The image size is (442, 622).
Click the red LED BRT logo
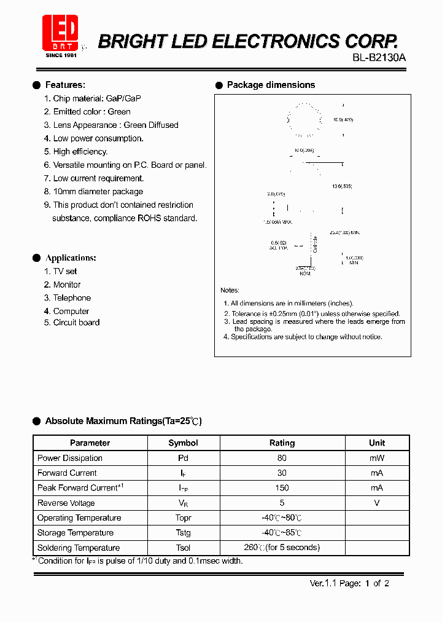coord(60,34)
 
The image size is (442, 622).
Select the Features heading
coord(65,85)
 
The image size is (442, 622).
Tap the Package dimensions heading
coord(271,85)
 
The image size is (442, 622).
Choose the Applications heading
coord(71,258)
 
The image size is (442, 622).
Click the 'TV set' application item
coord(60,271)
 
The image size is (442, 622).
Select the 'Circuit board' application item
coord(71,323)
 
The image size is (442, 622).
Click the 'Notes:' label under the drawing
coord(230,290)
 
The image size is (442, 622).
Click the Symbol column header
coord(183,443)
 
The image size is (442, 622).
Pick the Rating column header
coord(282,443)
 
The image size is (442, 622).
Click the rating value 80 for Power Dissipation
coord(282,458)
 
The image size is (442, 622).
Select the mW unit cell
coord(377,458)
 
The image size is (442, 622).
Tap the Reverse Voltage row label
coord(66,503)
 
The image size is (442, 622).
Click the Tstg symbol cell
coord(183,533)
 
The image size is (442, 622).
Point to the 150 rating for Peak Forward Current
coord(282,488)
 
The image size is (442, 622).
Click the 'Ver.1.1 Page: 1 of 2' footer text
coord(349,584)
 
